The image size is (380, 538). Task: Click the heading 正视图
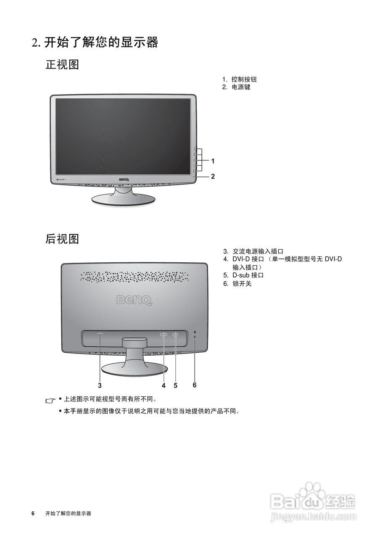tap(62, 65)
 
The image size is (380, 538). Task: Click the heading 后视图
tap(62, 239)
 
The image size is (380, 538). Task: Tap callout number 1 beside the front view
tap(213, 161)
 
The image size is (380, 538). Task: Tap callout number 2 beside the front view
tap(213, 177)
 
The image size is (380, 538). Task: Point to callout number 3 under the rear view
tap(100, 385)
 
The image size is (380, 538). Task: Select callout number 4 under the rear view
tap(164, 385)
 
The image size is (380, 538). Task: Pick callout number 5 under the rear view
tap(175, 385)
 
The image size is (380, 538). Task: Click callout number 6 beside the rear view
tap(195, 385)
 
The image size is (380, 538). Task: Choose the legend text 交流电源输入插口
tap(258, 251)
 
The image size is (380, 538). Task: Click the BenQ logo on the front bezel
tap(124, 180)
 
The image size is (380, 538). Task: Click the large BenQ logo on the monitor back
tap(134, 300)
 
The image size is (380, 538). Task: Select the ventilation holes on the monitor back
tap(134, 277)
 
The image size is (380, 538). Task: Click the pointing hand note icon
tap(50, 401)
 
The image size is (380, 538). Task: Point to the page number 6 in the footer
tap(33, 514)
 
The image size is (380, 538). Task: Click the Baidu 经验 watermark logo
tap(313, 500)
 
